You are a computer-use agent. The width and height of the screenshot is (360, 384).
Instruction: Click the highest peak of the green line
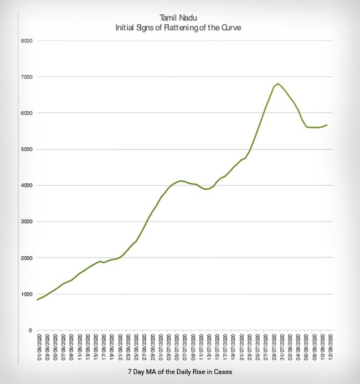tap(278, 84)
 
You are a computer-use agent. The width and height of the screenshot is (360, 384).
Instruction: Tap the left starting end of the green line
tap(37, 300)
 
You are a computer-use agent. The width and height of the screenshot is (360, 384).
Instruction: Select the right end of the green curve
tap(327, 125)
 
